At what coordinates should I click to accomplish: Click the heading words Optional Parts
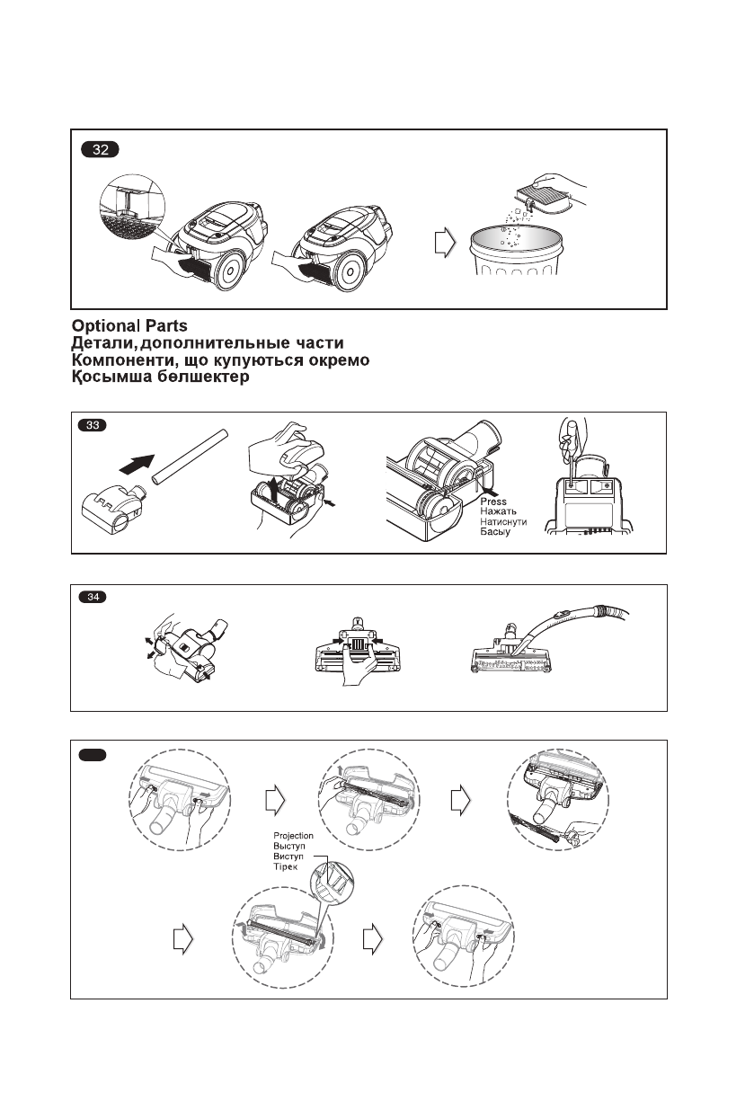point(129,326)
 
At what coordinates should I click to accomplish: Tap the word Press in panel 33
point(493,502)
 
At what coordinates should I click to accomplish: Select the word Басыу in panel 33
point(495,533)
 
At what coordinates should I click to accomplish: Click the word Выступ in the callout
point(289,848)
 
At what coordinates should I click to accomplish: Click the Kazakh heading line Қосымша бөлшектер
point(160,377)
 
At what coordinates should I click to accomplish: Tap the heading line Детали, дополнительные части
point(207,343)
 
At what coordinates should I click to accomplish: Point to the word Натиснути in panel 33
point(504,522)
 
